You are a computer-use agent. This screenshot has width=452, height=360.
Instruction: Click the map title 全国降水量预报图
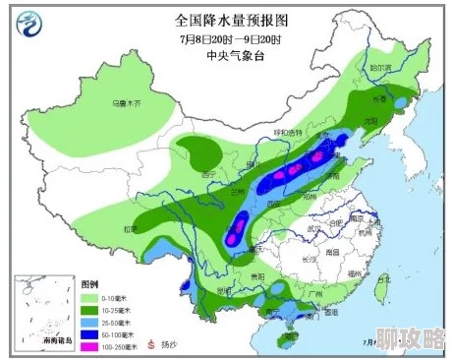pos(226,20)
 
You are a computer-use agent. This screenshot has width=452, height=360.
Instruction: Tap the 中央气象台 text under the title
pos(229,55)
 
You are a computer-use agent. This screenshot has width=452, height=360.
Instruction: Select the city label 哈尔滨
pos(380,67)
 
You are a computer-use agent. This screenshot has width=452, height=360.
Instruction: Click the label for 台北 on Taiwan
pos(385,278)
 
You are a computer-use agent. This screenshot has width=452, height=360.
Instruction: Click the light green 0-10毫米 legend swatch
pos(90,298)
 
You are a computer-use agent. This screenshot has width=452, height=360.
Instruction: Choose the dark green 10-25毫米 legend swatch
pos(90,310)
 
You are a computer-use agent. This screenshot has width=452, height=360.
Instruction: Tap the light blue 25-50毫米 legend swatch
pos(90,322)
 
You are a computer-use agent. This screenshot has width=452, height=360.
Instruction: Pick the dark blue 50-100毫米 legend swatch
pos(90,333)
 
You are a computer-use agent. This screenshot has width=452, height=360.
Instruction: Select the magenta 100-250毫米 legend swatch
pos(90,345)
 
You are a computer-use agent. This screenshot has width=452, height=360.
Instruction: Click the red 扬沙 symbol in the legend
pos(151,345)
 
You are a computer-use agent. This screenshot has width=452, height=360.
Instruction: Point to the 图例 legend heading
pos(90,283)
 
